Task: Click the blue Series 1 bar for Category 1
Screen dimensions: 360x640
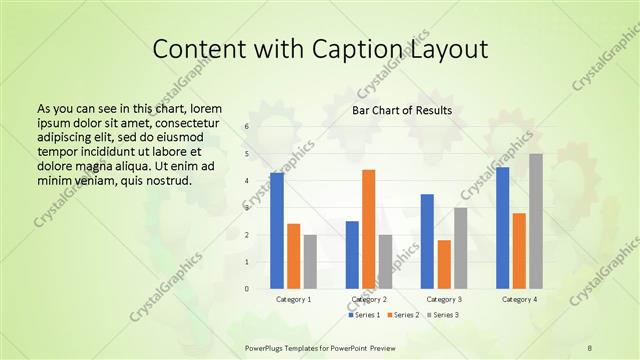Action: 277,231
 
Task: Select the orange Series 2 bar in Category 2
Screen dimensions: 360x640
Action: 369,229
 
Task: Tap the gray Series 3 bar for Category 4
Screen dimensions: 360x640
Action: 536,221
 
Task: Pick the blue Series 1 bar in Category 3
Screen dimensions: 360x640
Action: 427,241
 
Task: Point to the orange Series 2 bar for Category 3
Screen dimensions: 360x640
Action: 444,264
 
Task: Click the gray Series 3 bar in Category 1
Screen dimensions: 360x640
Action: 310,261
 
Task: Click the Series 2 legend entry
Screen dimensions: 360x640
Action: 404,315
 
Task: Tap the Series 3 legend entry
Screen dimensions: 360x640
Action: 443,315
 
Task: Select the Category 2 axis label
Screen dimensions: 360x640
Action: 369,299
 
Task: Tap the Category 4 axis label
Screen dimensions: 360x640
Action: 519,299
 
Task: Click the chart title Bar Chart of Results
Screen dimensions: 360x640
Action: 401,110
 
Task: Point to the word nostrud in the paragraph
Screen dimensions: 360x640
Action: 168,180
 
